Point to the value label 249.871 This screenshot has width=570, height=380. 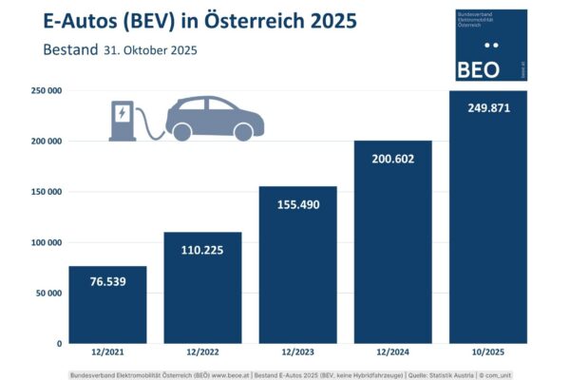(x=487, y=108)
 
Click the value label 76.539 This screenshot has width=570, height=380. (x=107, y=282)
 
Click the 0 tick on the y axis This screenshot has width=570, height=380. (x=59, y=343)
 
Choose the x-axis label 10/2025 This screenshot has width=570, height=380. (x=487, y=354)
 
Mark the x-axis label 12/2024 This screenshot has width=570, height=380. (x=392, y=354)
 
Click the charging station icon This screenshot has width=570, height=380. (x=123, y=120)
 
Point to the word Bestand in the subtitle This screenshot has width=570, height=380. (x=69, y=49)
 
